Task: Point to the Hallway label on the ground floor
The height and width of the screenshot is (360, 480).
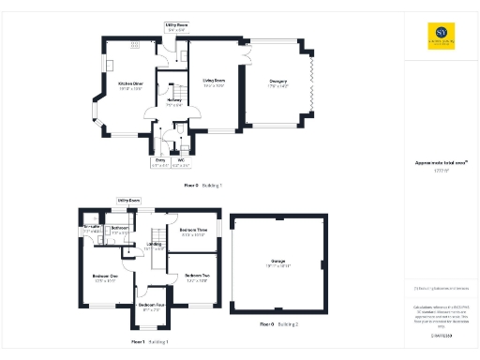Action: [x=174, y=100]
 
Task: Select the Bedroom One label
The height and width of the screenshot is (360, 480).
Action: [x=106, y=277]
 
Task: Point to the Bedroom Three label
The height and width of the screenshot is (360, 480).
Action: [x=194, y=232]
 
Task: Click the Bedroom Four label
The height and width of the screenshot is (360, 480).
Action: [x=152, y=306]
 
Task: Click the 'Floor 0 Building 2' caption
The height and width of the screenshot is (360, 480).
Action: [x=278, y=323]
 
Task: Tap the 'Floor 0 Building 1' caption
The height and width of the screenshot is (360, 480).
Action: [x=202, y=186]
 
